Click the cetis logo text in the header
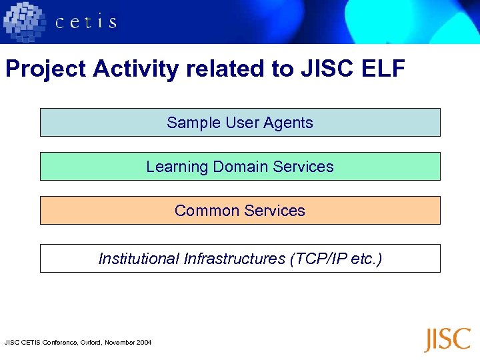[x=86, y=22]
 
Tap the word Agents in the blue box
[x=288, y=123]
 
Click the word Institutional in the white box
[x=139, y=259]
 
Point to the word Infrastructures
[x=234, y=259]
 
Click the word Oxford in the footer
[x=91, y=343]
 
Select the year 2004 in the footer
[x=144, y=343]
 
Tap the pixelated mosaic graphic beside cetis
[x=26, y=21]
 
